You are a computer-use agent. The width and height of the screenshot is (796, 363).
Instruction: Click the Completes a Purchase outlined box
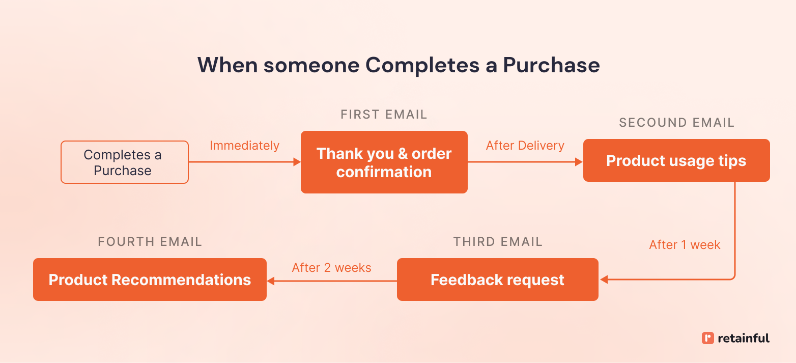tap(125, 162)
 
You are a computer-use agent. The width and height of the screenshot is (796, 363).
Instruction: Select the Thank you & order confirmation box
tap(384, 162)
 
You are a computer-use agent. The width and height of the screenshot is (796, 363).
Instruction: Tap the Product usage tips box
tap(676, 161)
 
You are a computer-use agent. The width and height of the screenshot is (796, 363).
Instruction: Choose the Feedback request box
tap(497, 280)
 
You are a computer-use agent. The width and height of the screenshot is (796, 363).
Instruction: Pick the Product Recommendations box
tap(150, 280)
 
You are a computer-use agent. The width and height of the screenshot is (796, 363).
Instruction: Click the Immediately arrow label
tap(244, 146)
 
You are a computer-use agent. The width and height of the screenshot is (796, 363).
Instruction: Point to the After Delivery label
tap(525, 146)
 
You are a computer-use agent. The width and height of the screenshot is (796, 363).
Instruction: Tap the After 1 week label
tap(685, 245)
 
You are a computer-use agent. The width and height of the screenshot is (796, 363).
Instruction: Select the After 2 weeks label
tap(331, 268)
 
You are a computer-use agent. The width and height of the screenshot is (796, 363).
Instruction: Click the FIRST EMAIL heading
tap(384, 115)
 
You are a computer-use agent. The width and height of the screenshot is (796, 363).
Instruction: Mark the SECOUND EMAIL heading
tap(676, 123)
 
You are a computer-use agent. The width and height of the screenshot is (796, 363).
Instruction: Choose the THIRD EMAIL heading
tap(498, 242)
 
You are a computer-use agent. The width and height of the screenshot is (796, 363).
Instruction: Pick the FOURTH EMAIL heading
tap(150, 242)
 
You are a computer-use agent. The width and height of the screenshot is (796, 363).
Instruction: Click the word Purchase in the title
tap(551, 65)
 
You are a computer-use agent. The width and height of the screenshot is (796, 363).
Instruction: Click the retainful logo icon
tap(707, 338)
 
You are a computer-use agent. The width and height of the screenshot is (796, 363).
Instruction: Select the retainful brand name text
tap(743, 338)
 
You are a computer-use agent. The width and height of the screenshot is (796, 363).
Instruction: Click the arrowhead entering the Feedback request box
tap(604, 280)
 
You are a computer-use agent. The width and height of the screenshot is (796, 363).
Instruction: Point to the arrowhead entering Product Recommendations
tap(271, 281)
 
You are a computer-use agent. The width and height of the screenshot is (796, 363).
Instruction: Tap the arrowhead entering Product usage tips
tap(579, 162)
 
